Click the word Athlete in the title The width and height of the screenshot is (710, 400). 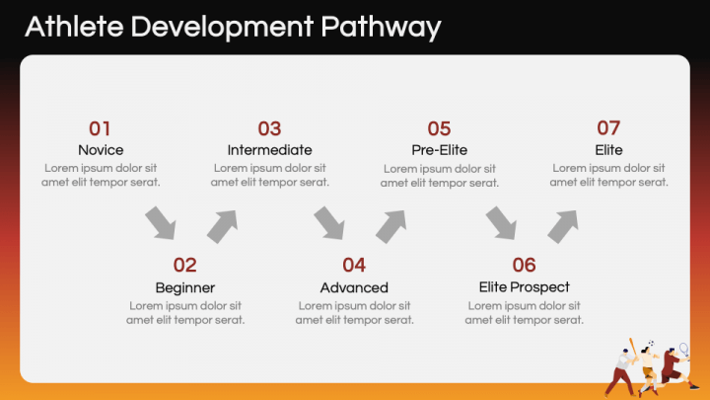[75, 27]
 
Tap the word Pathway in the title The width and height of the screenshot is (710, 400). [381, 28]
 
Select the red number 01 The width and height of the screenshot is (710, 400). [100, 128]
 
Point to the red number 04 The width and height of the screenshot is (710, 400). [354, 266]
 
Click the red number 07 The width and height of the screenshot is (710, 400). [608, 128]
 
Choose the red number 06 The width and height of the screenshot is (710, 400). [524, 266]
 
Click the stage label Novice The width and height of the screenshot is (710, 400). [101, 150]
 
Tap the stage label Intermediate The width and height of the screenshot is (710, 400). [270, 150]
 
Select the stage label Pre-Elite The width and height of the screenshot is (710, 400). [439, 150]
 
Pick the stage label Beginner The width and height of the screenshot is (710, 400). [185, 288]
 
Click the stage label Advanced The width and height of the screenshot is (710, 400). [354, 287]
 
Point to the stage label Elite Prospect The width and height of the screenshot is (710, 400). [525, 287]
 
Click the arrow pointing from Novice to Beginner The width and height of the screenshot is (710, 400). [161, 223]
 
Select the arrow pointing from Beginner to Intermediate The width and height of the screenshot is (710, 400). [222, 226]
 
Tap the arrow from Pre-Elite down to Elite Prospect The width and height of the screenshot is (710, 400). [501, 223]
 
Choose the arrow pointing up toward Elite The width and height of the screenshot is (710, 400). [562, 226]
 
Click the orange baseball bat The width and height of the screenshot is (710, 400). [633, 348]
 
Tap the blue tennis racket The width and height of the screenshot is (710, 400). [684, 350]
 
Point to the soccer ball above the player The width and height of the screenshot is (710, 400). [651, 343]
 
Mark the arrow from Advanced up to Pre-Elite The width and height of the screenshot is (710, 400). [390, 226]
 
